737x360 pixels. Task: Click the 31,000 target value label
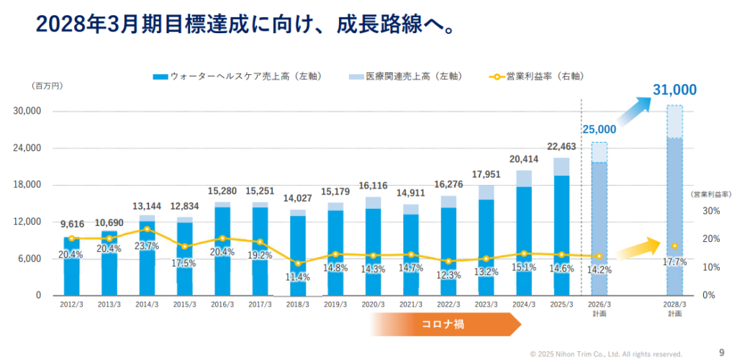tap(674, 90)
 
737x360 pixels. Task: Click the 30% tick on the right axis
tap(710, 211)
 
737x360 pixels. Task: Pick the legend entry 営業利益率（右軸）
tap(535, 76)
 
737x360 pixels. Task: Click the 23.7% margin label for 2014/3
tap(146, 246)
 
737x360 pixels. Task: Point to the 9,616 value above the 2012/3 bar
tap(71, 224)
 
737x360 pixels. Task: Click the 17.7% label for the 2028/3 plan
tap(674, 263)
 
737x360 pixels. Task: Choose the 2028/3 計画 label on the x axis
tap(674, 309)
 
